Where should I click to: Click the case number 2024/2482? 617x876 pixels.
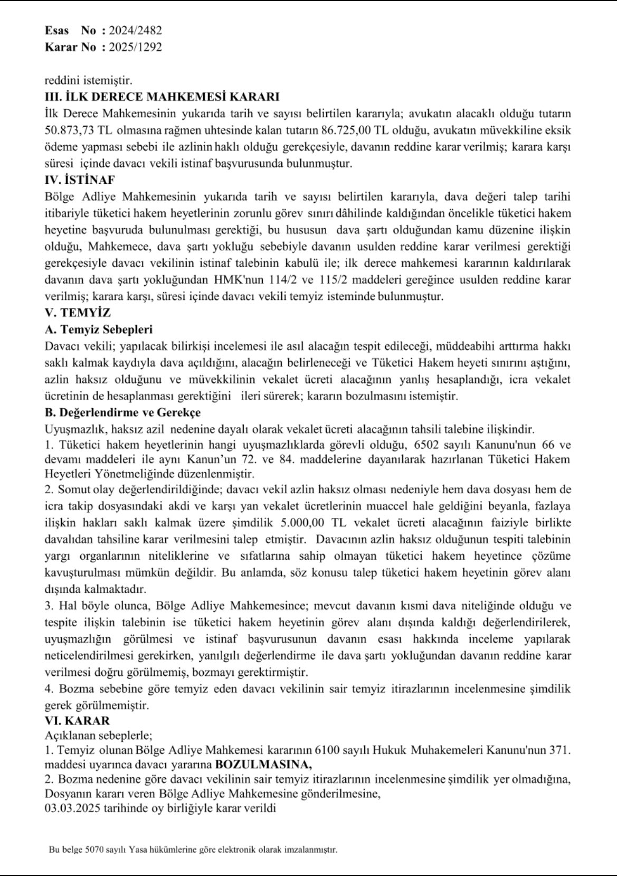tap(135, 31)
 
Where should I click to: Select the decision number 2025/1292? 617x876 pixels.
tap(135, 47)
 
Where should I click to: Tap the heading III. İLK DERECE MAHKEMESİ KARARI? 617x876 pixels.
tap(162, 97)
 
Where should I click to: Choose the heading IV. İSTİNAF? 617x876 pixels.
tap(80, 180)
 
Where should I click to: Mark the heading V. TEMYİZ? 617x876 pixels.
tap(78, 313)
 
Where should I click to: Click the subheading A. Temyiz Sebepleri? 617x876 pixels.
tap(99, 329)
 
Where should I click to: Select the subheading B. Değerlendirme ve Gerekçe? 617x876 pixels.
tap(122, 412)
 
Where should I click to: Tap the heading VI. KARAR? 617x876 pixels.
tap(77, 721)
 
